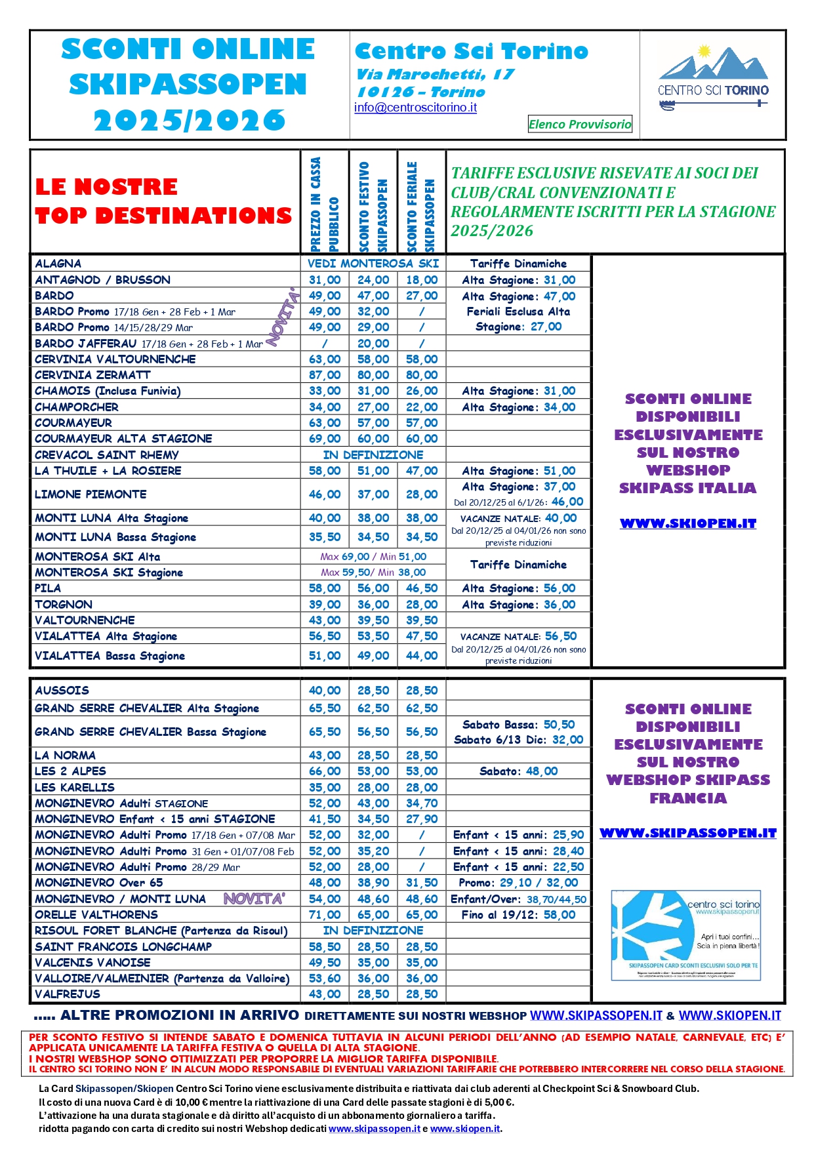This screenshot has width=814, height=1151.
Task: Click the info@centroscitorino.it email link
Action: tap(415, 108)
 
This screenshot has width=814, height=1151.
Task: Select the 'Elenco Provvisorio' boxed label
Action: tap(580, 124)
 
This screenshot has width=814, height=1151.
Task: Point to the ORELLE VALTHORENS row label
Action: tap(96, 915)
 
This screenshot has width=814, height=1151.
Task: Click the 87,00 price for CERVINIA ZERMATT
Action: tap(325, 375)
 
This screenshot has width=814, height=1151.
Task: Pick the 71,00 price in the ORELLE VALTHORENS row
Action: tap(325, 915)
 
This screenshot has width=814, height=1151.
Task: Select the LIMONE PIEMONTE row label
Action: tap(91, 495)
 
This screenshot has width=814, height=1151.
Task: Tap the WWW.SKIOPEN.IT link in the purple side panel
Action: tap(688, 523)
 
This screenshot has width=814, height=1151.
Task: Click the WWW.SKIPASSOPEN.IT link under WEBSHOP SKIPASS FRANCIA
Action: tap(688, 833)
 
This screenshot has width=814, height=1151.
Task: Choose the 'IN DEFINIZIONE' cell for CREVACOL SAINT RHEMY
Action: tap(373, 455)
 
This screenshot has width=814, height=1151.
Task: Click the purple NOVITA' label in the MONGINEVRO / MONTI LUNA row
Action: tap(254, 899)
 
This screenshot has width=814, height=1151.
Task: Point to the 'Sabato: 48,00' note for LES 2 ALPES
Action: tap(518, 771)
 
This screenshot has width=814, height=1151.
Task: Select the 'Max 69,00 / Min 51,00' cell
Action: tap(373, 557)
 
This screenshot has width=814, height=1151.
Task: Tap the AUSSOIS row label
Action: tap(62, 691)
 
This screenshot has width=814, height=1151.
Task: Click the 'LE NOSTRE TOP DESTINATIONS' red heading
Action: tap(163, 201)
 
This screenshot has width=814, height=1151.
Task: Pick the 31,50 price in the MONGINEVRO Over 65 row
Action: tap(422, 883)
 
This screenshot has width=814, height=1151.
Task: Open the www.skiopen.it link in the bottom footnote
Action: tap(465, 1129)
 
